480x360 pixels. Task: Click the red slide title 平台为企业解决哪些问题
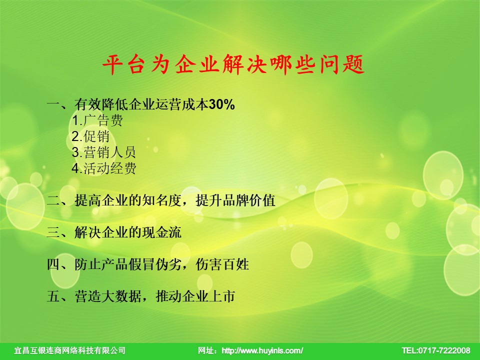233,64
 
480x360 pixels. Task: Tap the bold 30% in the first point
222,104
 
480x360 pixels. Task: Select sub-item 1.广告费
97,120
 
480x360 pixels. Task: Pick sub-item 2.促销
90,136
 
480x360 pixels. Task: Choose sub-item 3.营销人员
104,152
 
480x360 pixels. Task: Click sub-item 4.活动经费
104,168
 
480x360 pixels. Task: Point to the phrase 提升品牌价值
235,200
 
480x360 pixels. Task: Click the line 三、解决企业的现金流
114,232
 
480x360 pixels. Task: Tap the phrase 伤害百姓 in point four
222,264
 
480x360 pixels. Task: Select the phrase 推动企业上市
195,296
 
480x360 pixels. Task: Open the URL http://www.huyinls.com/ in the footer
262,350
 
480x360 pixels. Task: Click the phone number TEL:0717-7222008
436,350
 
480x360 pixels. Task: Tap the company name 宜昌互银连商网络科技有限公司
70,350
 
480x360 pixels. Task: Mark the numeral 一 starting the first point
53,104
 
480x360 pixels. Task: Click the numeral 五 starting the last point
53,296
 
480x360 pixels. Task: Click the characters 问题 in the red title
342,64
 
